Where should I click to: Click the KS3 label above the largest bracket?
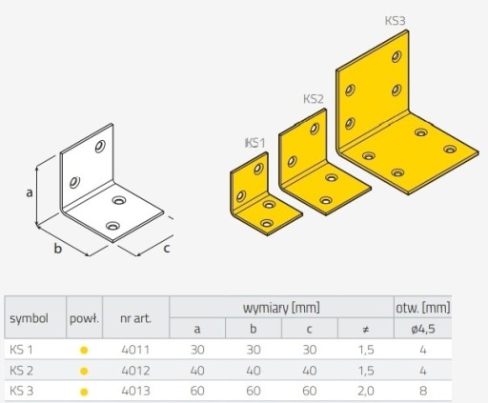tap(396, 21)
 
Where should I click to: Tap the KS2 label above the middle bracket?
tap(314, 99)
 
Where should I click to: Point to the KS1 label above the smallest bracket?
tap(254, 143)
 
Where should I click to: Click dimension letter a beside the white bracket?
tap(30, 192)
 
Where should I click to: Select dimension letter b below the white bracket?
tap(57, 249)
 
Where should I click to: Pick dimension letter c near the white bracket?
tap(167, 249)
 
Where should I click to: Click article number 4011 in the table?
tap(135, 350)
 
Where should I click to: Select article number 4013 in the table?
tap(135, 391)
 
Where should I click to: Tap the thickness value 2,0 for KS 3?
tap(366, 391)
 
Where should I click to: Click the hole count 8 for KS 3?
tap(423, 391)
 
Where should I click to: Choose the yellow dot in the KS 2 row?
tap(84, 371)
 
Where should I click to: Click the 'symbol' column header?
tap(29, 318)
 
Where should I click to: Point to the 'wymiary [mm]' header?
tap(281, 308)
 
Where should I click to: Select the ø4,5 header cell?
tap(423, 329)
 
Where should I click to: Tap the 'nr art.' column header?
tap(135, 318)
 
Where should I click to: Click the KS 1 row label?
tap(21, 350)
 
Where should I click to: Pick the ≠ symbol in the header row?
tap(366, 330)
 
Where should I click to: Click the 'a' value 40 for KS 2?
tap(197, 371)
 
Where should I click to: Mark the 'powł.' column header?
tap(84, 318)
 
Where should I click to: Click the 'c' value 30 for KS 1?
tap(310, 350)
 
